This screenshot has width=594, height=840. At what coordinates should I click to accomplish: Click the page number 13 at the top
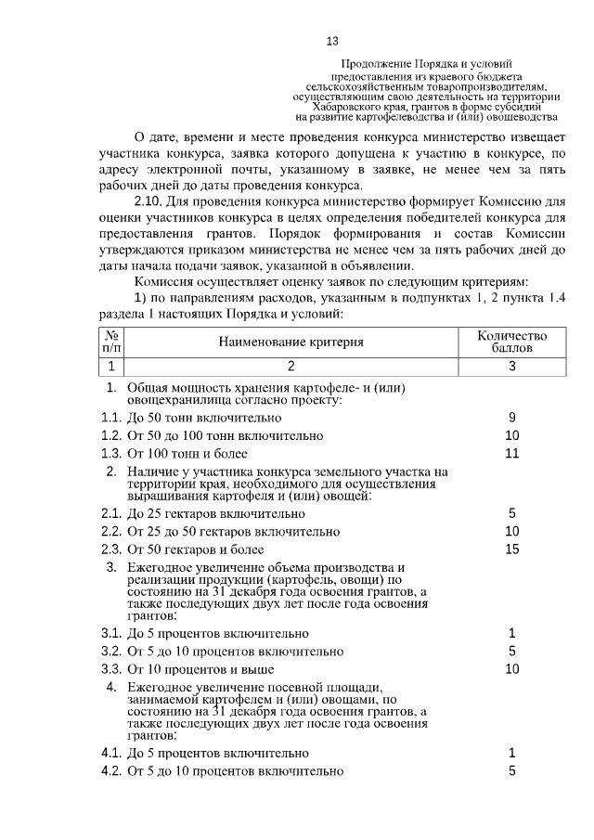pyautogui.click(x=332, y=41)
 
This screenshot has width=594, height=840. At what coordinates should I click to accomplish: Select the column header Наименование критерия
pyautogui.click(x=291, y=342)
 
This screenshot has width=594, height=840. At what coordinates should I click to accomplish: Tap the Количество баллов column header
pyautogui.click(x=511, y=342)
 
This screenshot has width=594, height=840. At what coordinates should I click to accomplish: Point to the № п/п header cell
pyautogui.click(x=110, y=342)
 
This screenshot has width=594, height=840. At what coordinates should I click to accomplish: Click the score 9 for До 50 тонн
pyautogui.click(x=511, y=418)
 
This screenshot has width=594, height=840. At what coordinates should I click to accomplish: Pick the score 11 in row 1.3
pyautogui.click(x=511, y=453)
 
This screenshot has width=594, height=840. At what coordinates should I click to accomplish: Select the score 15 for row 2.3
pyautogui.click(x=511, y=549)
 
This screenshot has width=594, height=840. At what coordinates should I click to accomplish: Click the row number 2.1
pyautogui.click(x=111, y=513)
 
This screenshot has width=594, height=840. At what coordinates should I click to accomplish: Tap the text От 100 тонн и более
pyautogui.click(x=187, y=454)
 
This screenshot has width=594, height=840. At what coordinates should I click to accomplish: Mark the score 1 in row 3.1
pyautogui.click(x=511, y=633)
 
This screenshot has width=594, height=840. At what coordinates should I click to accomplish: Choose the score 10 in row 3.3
pyautogui.click(x=511, y=668)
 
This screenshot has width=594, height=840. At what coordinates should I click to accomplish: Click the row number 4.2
pyautogui.click(x=111, y=770)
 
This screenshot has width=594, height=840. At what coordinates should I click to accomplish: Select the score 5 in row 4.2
pyautogui.click(x=511, y=770)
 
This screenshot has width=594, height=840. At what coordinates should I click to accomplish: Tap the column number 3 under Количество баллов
pyautogui.click(x=511, y=366)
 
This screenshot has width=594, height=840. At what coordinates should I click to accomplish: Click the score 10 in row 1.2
pyautogui.click(x=511, y=435)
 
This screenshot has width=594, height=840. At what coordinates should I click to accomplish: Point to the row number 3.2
pyautogui.click(x=111, y=651)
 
